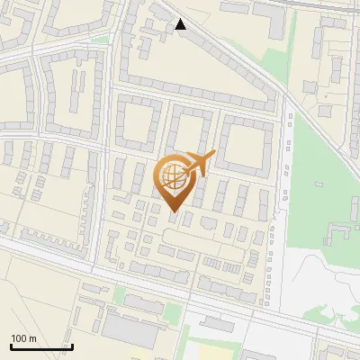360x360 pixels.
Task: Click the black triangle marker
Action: [x=182, y=24]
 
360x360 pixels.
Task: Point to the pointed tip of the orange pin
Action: [x=172, y=211]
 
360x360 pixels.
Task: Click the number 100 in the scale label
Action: [x=18, y=338]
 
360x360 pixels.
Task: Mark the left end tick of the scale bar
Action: [x=11, y=346]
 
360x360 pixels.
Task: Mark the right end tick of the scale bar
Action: [x=72, y=346]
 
